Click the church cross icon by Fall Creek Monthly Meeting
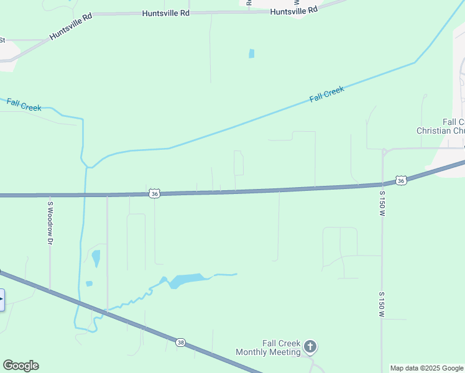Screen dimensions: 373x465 tap(310, 346)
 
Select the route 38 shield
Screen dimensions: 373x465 tap(180, 342)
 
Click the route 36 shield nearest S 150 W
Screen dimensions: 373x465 tap(402, 180)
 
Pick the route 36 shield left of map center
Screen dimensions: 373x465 tap(154, 194)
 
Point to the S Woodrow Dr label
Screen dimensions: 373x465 tap(50, 222)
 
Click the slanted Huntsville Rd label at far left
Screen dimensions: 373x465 tap(71, 27)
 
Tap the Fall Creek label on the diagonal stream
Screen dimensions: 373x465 tap(326, 94)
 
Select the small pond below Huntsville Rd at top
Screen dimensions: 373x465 tap(251, 53)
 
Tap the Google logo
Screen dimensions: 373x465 tap(21, 366)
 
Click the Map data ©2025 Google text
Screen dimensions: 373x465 tap(427, 368)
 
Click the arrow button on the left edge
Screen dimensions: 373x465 tap(1, 300)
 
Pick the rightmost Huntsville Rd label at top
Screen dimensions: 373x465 tap(294, 10)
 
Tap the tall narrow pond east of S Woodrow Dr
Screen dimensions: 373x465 tap(96, 258)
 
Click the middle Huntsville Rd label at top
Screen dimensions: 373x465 tap(165, 12)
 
